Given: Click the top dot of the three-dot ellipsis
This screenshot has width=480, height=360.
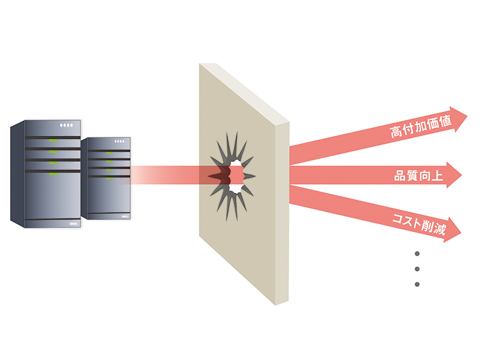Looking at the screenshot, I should tap(416, 253).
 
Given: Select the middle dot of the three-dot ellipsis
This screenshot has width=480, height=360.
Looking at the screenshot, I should tap(416, 268).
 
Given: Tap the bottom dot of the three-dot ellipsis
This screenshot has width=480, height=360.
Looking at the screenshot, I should tap(416, 284).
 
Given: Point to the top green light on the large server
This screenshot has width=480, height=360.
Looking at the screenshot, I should tap(53, 140).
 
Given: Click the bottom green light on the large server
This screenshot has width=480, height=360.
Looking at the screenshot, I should tap(53, 174).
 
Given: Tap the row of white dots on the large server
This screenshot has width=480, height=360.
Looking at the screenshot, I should tap(65, 125).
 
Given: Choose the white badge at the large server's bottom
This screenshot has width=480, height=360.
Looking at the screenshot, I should tap(74, 224).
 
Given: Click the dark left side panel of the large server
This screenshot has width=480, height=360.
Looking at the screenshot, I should tap(17, 173).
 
